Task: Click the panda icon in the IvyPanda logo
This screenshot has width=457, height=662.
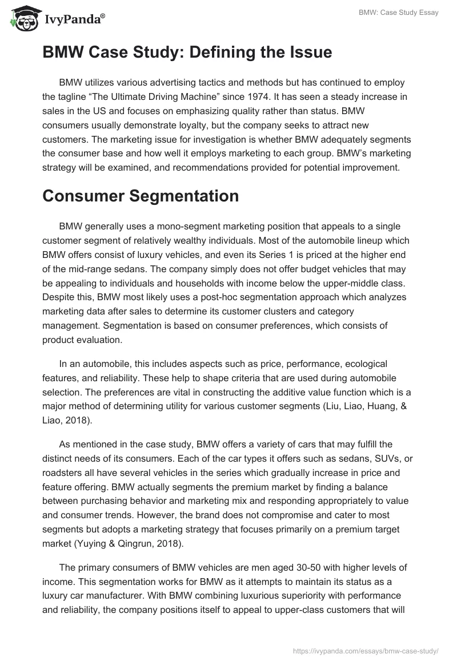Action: tap(23, 19)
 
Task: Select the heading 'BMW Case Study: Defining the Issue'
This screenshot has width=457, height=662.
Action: tap(187, 53)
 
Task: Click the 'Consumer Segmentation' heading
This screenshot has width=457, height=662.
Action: tap(141, 196)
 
